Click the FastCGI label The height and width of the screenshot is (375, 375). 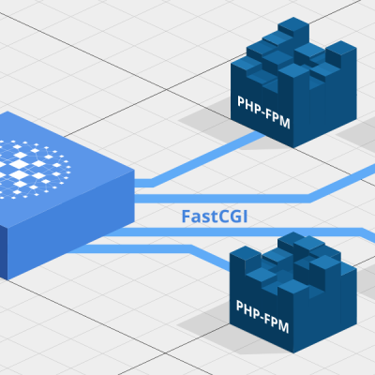click(x=215, y=217)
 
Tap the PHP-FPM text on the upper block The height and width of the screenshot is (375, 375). click(x=263, y=112)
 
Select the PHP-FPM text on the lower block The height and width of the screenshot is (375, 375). click(x=262, y=317)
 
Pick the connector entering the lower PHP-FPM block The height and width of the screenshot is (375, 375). click(x=150, y=250)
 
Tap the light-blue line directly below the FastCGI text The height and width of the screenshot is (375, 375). click(x=244, y=232)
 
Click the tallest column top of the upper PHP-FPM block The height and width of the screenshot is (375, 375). click(x=293, y=24)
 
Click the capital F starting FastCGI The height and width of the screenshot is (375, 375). click(x=186, y=217)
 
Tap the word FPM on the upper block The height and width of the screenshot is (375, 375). click(x=278, y=118)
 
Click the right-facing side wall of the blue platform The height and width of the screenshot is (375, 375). click(x=71, y=225)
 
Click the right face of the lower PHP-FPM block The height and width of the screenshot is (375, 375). click(x=325, y=309)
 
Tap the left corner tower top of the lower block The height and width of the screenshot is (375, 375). click(x=246, y=252)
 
